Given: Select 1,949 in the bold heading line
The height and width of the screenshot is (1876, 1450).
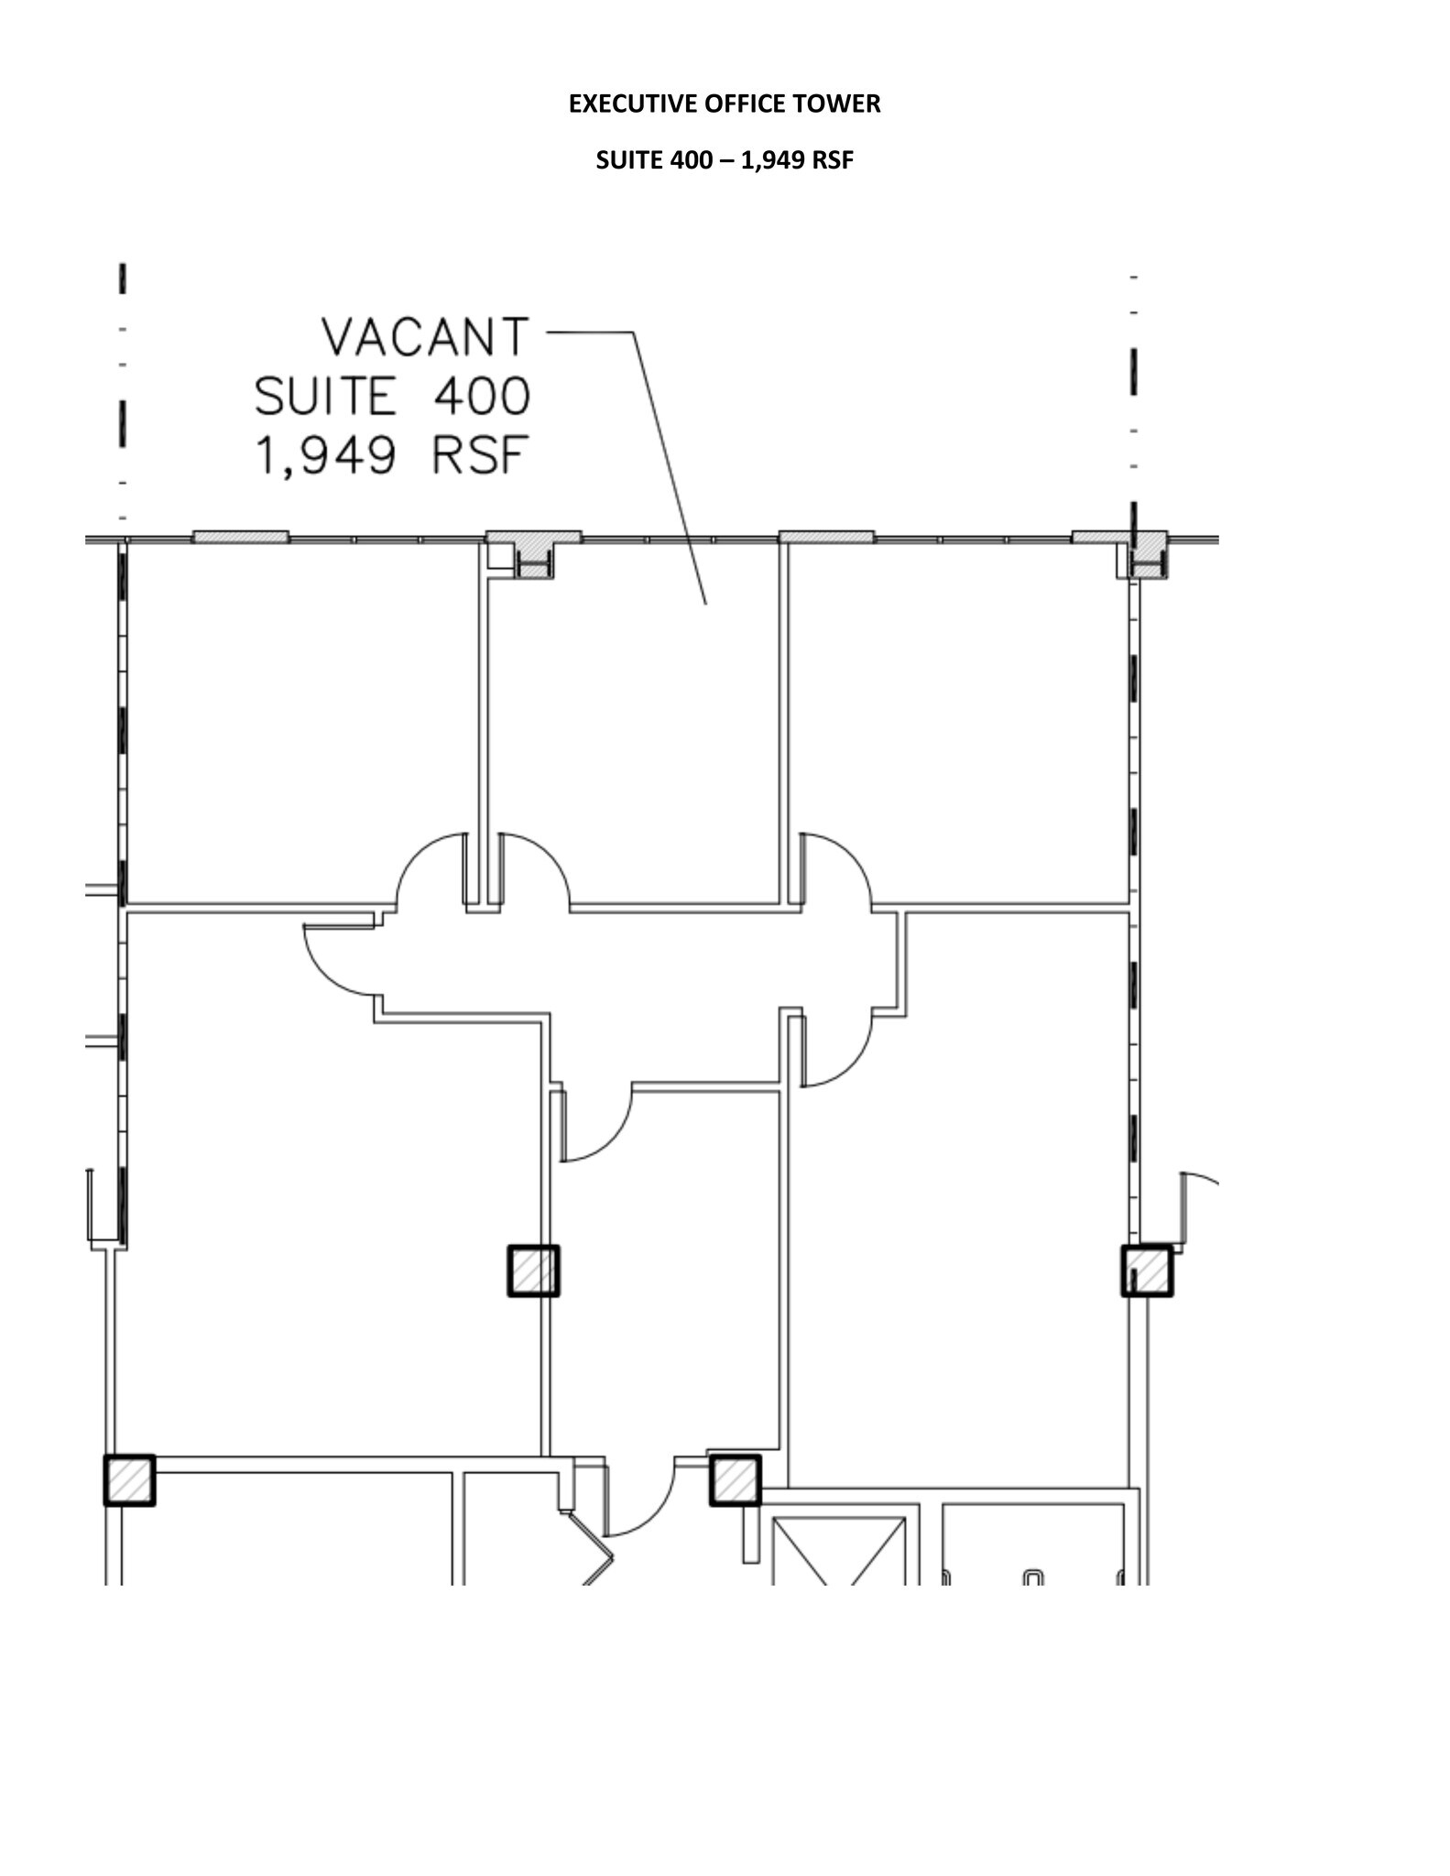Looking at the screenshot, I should pyautogui.click(x=773, y=161).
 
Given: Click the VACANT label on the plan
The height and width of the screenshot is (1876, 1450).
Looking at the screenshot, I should pyautogui.click(x=425, y=337).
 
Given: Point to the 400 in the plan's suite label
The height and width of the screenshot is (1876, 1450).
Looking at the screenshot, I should pyautogui.click(x=482, y=397).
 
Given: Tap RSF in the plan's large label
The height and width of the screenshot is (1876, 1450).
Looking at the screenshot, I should pyautogui.click(x=481, y=455).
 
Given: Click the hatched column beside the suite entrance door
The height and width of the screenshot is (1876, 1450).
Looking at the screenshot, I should pyautogui.click(x=735, y=1479).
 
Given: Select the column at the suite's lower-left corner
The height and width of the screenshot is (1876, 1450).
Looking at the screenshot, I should pyautogui.click(x=129, y=1479).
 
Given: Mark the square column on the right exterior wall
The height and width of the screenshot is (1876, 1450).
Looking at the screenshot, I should pyautogui.click(x=1147, y=1271).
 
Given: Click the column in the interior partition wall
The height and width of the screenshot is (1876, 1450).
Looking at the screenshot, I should pyautogui.click(x=533, y=1271).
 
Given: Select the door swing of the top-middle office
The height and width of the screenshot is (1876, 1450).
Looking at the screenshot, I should pyautogui.click(x=534, y=870).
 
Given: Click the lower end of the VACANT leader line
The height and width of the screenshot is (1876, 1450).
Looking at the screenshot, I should pyautogui.click(x=705, y=604).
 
